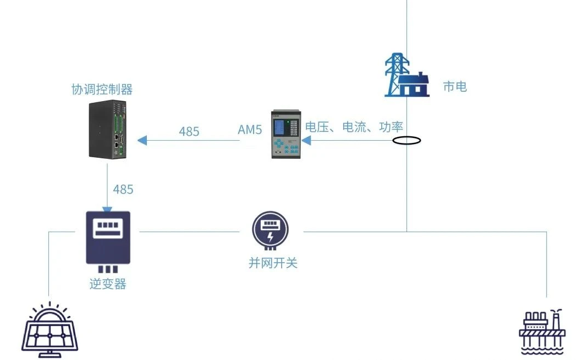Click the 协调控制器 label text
point(102,89)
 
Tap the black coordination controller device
point(108,130)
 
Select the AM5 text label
point(250,130)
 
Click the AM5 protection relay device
point(286,134)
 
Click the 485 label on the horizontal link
point(189,131)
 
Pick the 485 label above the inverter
point(123,190)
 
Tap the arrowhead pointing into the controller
point(142,141)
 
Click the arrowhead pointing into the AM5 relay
point(306,141)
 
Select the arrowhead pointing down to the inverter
point(107,209)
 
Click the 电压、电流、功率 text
point(354,127)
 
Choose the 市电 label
point(455,86)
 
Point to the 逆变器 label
point(108,284)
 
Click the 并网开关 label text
point(273,263)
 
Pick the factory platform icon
point(542,331)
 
